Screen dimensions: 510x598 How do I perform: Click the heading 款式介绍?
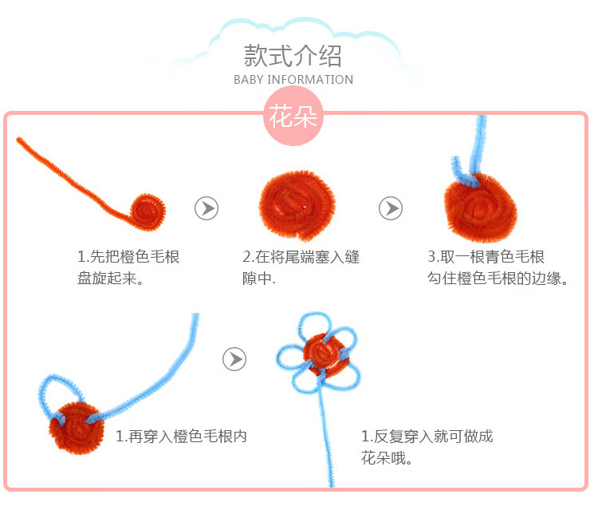click(293, 56)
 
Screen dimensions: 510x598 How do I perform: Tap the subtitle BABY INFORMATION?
click(293, 80)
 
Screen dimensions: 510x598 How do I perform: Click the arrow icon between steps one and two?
click(207, 208)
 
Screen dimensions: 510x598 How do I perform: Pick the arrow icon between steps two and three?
click(390, 208)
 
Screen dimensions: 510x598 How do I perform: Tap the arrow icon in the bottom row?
click(234, 358)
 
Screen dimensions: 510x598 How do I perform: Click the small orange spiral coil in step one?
click(149, 209)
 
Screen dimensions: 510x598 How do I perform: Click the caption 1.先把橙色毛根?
click(128, 257)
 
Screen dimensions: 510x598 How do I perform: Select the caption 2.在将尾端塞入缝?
click(301, 257)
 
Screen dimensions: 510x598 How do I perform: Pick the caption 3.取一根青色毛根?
click(486, 257)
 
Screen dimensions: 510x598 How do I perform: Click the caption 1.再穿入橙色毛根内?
click(181, 437)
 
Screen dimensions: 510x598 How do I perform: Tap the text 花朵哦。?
click(387, 460)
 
